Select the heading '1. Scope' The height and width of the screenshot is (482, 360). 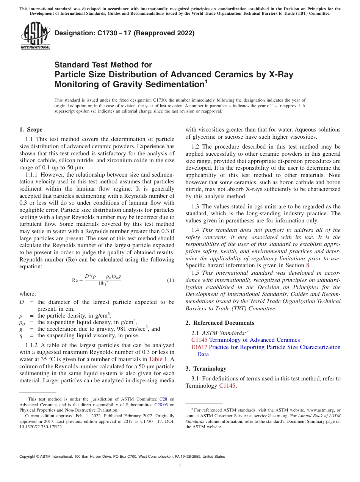pos(31,130)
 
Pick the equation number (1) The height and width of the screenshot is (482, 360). pos(171,280)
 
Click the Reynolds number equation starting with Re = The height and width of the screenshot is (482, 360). pos(97,280)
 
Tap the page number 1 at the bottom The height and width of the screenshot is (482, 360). pos(180,466)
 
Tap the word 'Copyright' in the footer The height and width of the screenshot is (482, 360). pos(28,457)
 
